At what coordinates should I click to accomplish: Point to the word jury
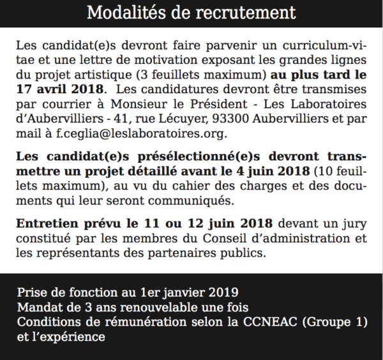click(356, 225)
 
